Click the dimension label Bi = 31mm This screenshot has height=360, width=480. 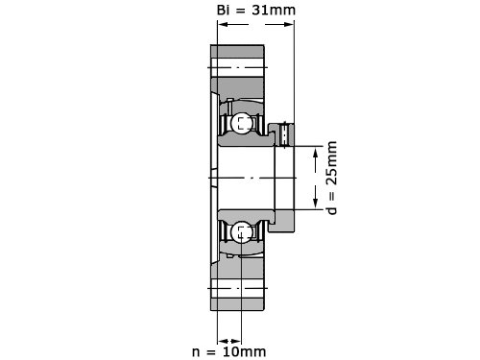(256, 10)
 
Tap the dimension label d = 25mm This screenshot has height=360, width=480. (332, 178)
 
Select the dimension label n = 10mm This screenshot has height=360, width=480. (229, 351)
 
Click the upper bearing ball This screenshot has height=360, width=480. (242, 123)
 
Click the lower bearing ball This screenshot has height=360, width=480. (241, 232)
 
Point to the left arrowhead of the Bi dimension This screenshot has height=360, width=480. (223, 24)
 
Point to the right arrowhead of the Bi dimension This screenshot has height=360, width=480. (289, 24)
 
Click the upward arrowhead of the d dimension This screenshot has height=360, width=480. (316, 155)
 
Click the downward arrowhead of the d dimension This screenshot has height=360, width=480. (316, 202)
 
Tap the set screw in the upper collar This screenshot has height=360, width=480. (284, 134)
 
